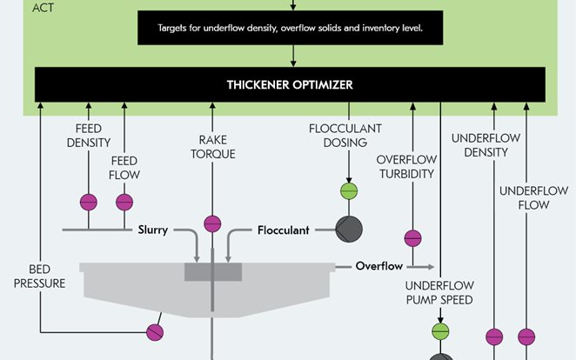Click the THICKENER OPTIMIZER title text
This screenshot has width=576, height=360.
[x=290, y=85]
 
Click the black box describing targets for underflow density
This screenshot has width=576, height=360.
[x=290, y=27]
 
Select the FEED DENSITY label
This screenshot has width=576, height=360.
[x=88, y=135]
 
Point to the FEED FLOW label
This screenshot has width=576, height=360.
[x=124, y=168]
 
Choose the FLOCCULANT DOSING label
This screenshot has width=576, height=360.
[x=345, y=135]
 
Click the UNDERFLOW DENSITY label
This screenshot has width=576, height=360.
[x=479, y=145]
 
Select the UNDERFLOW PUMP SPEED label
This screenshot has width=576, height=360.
[x=439, y=293]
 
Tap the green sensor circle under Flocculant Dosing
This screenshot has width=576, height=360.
[x=348, y=191]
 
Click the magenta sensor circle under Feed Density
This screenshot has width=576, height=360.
[x=88, y=202]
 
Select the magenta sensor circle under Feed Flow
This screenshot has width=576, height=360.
[x=124, y=202]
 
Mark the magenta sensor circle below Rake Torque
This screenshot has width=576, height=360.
[x=212, y=223]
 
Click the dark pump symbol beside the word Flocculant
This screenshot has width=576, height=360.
[x=348, y=230]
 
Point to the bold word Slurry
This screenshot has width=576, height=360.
[x=152, y=230]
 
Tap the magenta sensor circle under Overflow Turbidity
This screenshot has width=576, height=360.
[x=412, y=237]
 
